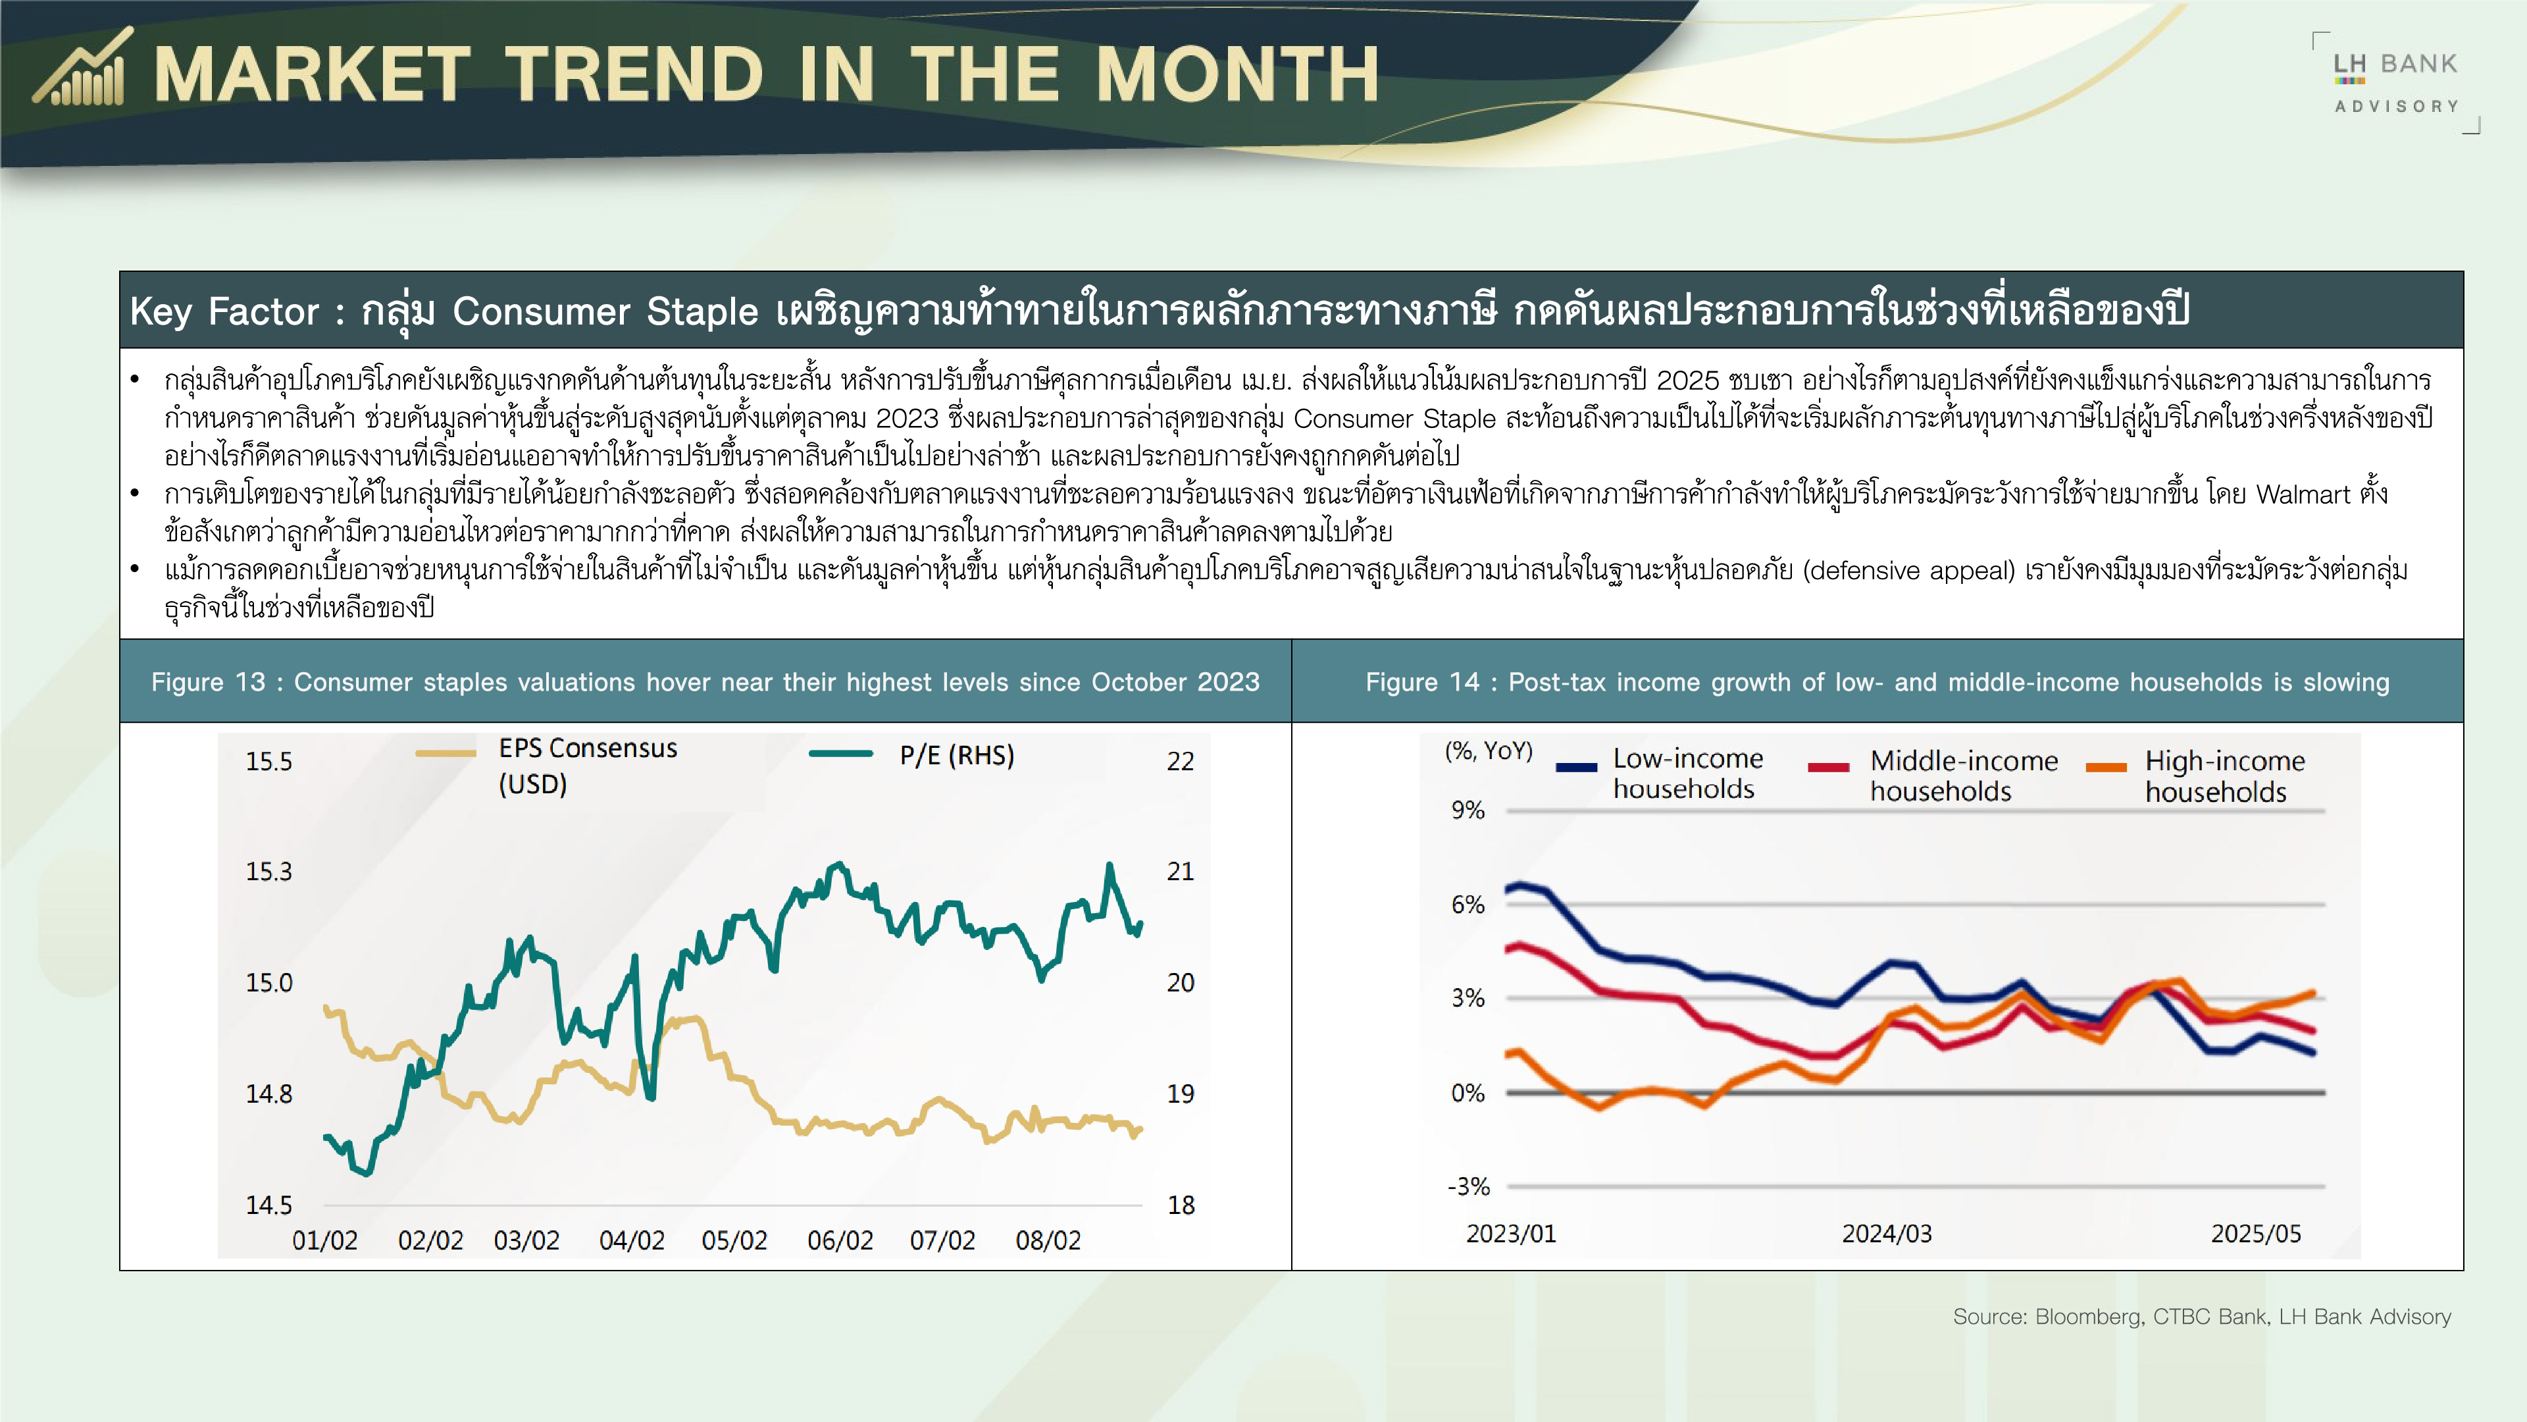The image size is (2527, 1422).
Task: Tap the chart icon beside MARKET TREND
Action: point(82,66)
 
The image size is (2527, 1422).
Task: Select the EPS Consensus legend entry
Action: point(546,766)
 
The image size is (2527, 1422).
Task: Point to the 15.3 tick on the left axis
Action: point(268,872)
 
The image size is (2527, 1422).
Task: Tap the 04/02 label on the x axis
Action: point(632,1240)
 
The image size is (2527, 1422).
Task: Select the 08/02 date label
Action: point(1048,1240)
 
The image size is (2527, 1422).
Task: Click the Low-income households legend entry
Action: point(1660,774)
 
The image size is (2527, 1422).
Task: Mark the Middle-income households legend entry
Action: point(1933,776)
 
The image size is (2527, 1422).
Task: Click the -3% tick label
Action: point(1469,1186)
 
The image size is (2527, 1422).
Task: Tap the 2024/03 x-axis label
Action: point(1887,1234)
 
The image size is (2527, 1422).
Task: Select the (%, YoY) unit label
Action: point(1488,750)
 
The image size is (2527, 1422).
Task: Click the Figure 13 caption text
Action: point(705,682)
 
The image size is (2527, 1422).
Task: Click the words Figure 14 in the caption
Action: point(1422,682)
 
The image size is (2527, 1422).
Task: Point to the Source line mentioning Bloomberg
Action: point(2201,1317)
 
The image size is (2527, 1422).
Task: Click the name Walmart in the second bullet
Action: point(2303,494)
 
